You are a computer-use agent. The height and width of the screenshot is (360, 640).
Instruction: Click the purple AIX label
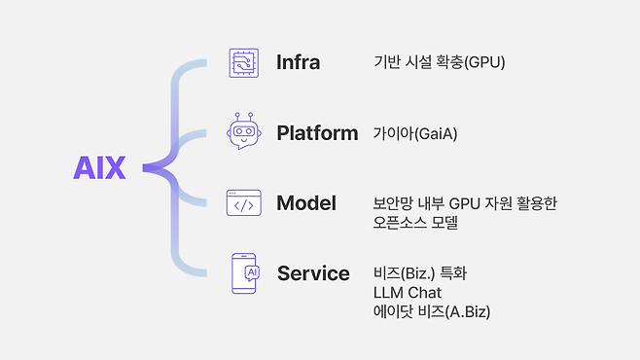pyautogui.click(x=100, y=168)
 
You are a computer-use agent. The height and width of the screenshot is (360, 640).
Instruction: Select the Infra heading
pyautogui.click(x=298, y=62)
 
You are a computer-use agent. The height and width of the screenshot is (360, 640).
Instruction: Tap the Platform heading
pyautogui.click(x=317, y=132)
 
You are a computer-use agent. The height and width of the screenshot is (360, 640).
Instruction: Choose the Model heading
pyautogui.click(x=305, y=202)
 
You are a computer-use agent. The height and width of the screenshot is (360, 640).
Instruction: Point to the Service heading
pyautogui.click(x=313, y=273)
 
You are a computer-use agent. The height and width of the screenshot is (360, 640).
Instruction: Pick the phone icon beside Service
pyautogui.click(x=244, y=273)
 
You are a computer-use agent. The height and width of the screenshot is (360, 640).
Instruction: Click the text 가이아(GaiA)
pyautogui.click(x=415, y=133)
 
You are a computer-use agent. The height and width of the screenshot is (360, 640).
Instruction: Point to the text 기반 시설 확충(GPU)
pyautogui.click(x=439, y=62)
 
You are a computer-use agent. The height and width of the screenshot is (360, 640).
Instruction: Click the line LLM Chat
pyautogui.click(x=407, y=292)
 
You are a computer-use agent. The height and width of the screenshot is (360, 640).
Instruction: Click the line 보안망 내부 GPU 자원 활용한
pyautogui.click(x=464, y=203)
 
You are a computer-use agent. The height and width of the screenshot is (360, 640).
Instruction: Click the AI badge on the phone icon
pyautogui.click(x=252, y=272)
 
